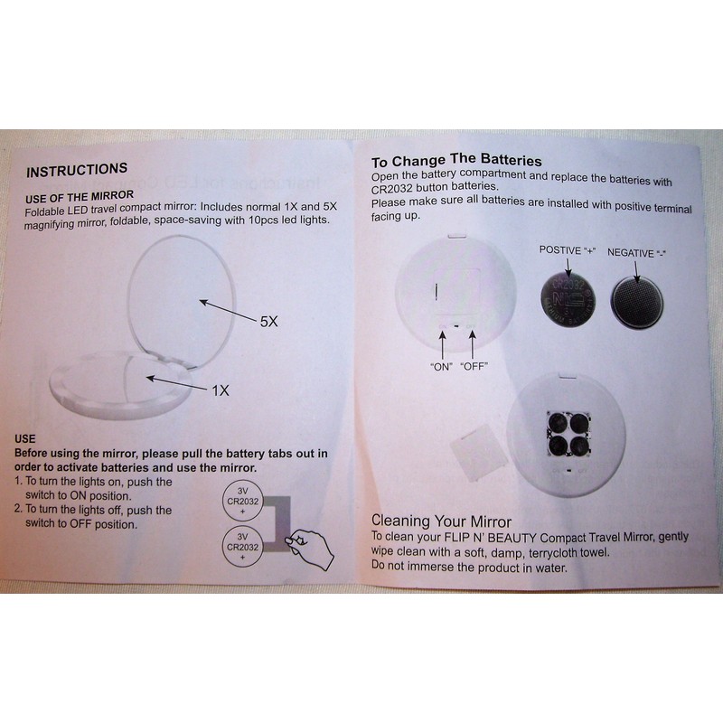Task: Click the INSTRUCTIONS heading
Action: [x=77, y=170]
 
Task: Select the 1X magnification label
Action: [x=220, y=390]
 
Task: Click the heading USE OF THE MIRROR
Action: [x=80, y=195]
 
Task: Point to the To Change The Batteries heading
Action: [x=456, y=162]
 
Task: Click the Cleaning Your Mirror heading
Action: [x=442, y=521]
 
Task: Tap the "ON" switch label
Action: [x=442, y=366]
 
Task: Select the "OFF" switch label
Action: [x=475, y=366]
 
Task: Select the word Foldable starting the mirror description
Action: [x=49, y=210]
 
